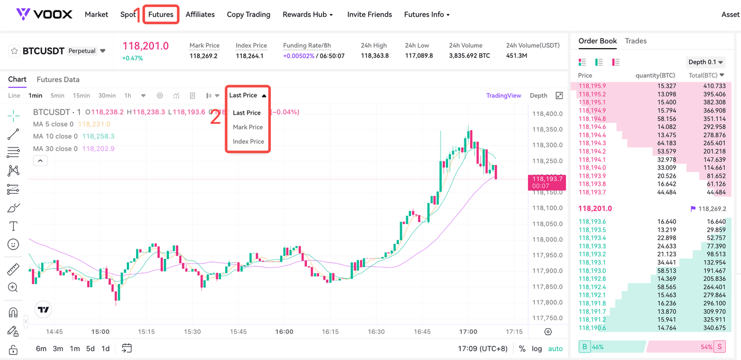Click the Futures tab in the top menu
pyautogui.click(x=161, y=14)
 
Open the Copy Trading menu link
pyautogui.click(x=248, y=14)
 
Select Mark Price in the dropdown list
pyautogui.click(x=248, y=127)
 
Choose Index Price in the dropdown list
pyautogui.click(x=248, y=141)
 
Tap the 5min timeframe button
pyautogui.click(x=57, y=95)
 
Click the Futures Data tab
pyautogui.click(x=58, y=79)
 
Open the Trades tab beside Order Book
pyautogui.click(x=636, y=41)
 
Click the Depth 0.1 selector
pyautogui.click(x=706, y=62)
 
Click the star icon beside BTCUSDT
pyautogui.click(x=14, y=52)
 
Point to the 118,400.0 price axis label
pyautogui.click(x=548, y=114)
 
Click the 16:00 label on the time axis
pyautogui.click(x=284, y=332)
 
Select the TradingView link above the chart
pyautogui.click(x=504, y=95)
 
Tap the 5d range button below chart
pyautogui.click(x=90, y=348)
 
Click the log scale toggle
pyautogui.click(x=537, y=349)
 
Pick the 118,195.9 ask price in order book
pyautogui.click(x=592, y=86)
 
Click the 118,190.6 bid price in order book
pyautogui.click(x=592, y=328)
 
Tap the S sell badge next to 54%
pyautogui.click(x=720, y=347)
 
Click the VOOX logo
pyautogui.click(x=44, y=14)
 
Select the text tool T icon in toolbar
pyautogui.click(x=13, y=226)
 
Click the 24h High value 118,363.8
pyautogui.click(x=375, y=56)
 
